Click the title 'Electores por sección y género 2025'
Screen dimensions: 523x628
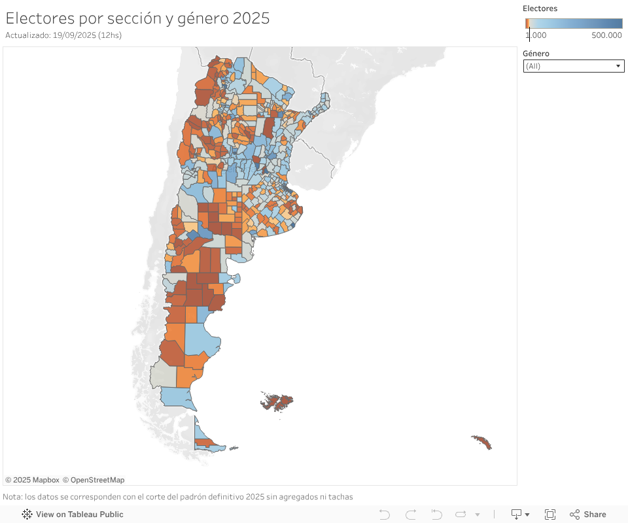[x=137, y=18]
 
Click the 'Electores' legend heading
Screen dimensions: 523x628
[x=540, y=8]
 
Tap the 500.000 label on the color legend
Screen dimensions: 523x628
[x=606, y=35]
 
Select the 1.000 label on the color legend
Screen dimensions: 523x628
[x=536, y=35]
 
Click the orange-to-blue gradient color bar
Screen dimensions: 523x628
[x=574, y=23]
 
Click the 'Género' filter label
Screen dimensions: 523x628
[x=536, y=54]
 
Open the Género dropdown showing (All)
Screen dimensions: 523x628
[x=573, y=66]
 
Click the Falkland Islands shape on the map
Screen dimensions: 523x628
[x=279, y=401]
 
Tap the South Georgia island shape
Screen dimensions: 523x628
[x=481, y=443]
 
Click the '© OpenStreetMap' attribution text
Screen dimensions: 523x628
[x=94, y=480]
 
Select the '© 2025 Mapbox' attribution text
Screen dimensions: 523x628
[x=32, y=480]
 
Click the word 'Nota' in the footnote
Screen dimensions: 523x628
[x=12, y=497]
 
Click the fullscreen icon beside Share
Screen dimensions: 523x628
[x=550, y=515]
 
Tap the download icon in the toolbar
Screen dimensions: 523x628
[x=517, y=515]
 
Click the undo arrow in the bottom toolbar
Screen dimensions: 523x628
[x=385, y=515]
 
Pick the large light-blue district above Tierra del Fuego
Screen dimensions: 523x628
[x=175, y=396]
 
